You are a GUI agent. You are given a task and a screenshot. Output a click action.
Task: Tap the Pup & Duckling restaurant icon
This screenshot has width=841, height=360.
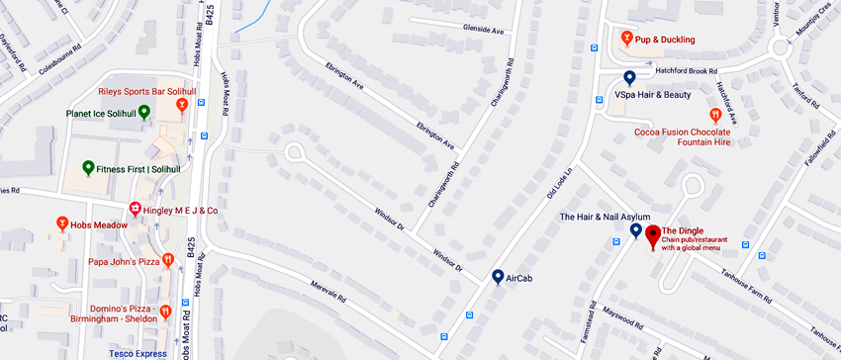(626, 39)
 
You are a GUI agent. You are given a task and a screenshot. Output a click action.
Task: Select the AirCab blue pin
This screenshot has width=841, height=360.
(498, 278)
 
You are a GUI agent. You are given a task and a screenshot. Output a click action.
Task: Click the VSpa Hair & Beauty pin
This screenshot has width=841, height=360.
(629, 78)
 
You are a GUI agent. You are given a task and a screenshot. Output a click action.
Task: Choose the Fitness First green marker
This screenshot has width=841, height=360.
(87, 168)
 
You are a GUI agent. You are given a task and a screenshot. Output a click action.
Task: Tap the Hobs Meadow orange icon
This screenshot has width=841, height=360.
(61, 225)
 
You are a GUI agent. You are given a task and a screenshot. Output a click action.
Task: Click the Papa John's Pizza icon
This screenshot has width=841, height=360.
(168, 261)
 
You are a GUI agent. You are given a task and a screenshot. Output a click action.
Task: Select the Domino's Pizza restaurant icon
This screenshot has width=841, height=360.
(166, 313)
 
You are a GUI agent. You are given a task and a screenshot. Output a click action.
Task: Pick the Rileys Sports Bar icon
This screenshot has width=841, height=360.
(182, 104)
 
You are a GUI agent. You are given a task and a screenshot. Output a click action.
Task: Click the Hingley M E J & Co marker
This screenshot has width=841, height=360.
(135, 210)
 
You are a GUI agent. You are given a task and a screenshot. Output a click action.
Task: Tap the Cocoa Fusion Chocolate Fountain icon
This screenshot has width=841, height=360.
(715, 115)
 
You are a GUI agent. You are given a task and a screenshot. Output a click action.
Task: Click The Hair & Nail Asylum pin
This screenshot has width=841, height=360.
(636, 230)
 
